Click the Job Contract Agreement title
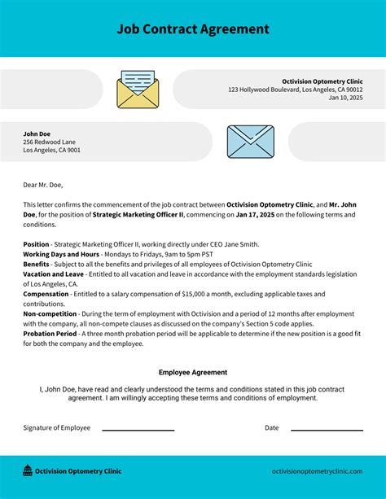[192, 29]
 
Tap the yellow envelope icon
[138, 90]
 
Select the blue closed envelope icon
[251, 142]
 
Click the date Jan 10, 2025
[345, 98]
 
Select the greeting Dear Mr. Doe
[42, 184]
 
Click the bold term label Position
[36, 244]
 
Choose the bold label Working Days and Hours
[60, 254]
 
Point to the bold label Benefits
[36, 264]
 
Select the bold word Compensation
[46, 294]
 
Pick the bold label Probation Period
[50, 334]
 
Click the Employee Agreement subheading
[193, 372]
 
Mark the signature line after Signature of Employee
[138, 430]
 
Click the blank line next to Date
[327, 430]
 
